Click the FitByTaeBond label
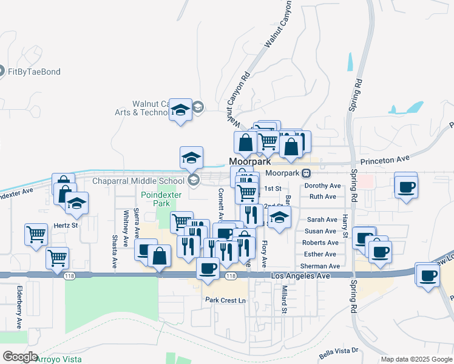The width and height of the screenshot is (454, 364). tap(34, 72)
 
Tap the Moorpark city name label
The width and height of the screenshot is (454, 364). tap(249, 162)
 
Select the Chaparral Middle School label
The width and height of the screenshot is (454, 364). tap(138, 181)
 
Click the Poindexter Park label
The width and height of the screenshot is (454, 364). tap(161, 199)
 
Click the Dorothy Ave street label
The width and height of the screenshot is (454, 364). tap(323, 186)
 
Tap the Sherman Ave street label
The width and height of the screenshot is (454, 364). tap(320, 266)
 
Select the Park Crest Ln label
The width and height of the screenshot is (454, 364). tap(225, 300)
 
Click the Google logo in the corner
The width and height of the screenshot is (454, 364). tap(20, 357)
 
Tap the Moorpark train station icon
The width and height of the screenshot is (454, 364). tap(307, 173)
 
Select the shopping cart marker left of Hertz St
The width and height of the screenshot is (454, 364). tap(36, 233)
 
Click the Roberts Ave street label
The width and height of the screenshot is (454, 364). tap(320, 243)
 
